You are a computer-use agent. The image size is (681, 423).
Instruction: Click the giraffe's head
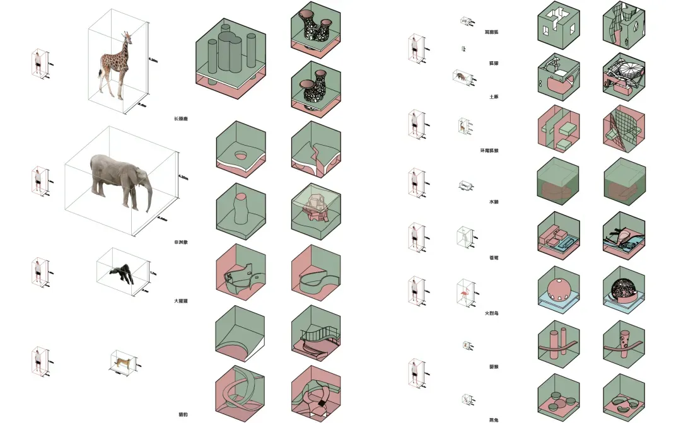[x=124, y=35]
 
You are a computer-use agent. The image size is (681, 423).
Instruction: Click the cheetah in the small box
[x=124, y=362]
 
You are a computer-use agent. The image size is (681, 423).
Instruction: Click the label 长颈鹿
[x=181, y=119]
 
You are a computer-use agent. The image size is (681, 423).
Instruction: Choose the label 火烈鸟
[x=492, y=313]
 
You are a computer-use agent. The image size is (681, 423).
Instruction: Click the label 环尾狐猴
[x=489, y=150]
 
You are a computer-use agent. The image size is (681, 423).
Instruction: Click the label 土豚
[x=494, y=96]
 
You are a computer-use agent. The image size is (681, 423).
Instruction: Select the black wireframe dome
[x=624, y=289]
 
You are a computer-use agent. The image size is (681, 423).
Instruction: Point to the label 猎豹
[x=182, y=414]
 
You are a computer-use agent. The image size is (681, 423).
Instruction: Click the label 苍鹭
[x=494, y=257]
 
